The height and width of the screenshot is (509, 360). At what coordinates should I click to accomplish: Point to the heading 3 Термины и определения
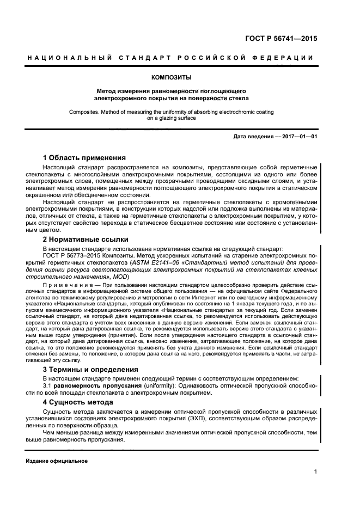[x=90, y=369]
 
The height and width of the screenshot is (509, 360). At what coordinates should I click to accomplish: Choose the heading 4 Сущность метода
[x=78, y=402]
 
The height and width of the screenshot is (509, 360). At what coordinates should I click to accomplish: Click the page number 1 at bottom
[x=315, y=473]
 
